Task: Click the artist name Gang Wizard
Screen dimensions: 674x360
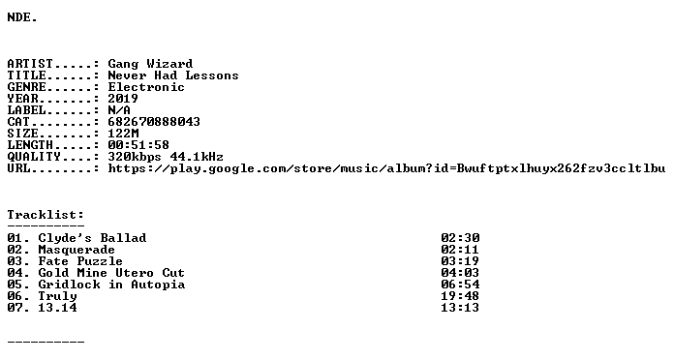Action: tap(150, 64)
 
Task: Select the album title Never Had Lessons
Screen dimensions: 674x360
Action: tap(173, 75)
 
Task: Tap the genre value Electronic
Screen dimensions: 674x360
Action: tap(146, 87)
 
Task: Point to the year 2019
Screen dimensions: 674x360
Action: tap(123, 99)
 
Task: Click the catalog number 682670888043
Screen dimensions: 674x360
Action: tap(154, 122)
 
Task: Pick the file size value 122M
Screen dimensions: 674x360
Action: tap(123, 134)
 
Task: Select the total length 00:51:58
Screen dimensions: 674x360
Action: tap(138, 145)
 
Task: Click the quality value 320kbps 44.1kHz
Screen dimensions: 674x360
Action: tap(166, 157)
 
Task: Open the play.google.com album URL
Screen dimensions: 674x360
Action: tap(386, 168)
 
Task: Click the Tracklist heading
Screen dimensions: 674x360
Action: tap(46, 215)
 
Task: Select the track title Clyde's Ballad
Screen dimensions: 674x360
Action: tap(92, 238)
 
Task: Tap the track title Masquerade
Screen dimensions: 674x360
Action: tap(77, 250)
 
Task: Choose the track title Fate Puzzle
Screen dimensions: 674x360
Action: tap(80, 261)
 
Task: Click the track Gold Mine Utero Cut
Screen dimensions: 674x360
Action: tap(111, 273)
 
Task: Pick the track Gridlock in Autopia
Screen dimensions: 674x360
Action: tap(111, 285)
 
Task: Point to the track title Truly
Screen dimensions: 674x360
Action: tap(57, 296)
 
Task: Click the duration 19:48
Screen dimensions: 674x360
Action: tap(460, 296)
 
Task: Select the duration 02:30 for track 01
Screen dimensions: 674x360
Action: tap(460, 238)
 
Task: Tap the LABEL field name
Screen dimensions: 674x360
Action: tap(27, 110)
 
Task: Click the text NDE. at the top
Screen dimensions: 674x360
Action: tap(22, 17)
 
